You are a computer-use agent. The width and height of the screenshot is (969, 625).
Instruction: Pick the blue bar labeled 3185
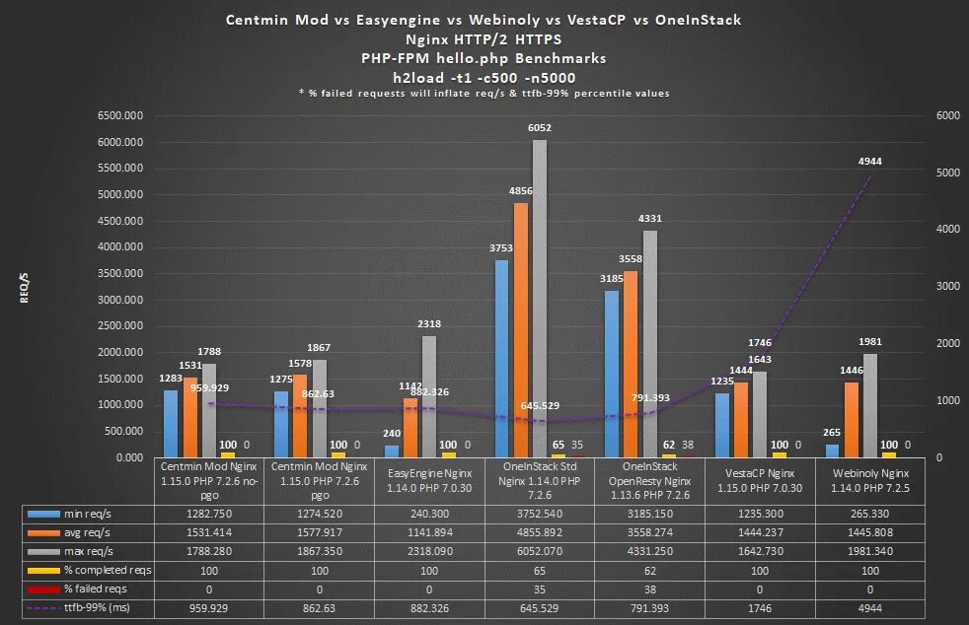click(x=612, y=374)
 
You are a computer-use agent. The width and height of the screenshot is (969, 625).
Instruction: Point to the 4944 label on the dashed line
click(x=870, y=161)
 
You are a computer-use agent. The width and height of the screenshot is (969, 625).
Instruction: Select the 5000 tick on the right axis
click(x=946, y=173)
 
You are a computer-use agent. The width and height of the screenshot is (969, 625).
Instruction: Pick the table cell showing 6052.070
click(x=540, y=551)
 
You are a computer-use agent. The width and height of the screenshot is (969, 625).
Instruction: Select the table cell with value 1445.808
click(x=869, y=532)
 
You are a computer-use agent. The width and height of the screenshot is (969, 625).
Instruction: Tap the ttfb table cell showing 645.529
click(x=540, y=609)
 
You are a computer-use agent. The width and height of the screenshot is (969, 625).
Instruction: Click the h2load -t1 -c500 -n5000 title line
click(x=484, y=77)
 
